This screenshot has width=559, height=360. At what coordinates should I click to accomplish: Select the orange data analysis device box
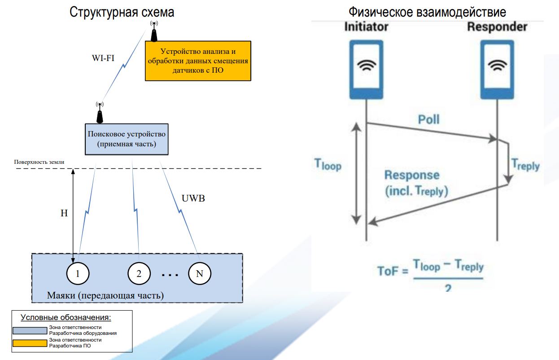click(198, 61)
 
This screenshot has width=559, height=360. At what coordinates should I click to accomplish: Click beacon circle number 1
click(78, 273)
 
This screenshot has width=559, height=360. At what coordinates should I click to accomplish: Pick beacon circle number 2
click(139, 273)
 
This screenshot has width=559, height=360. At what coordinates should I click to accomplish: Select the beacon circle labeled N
click(199, 273)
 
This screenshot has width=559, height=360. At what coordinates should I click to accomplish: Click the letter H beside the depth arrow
click(64, 214)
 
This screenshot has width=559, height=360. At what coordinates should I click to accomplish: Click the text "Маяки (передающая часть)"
click(105, 296)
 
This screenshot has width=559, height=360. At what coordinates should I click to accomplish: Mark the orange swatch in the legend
click(30, 343)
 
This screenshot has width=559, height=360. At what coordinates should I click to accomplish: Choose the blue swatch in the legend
click(30, 330)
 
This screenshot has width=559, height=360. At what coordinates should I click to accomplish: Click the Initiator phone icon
click(367, 70)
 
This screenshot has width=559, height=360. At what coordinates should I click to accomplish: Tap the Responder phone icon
click(497, 70)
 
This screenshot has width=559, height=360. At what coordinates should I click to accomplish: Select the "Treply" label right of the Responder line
click(526, 165)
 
